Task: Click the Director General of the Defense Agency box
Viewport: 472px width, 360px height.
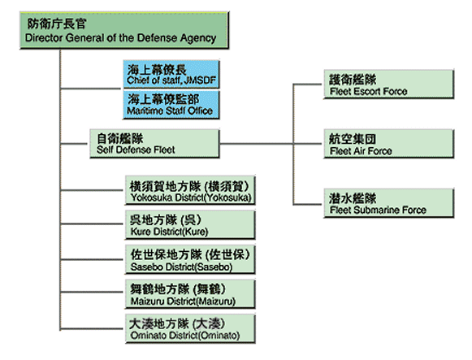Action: pyautogui.click(x=124, y=30)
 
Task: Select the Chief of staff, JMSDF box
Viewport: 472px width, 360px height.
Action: pyautogui.click(x=171, y=74)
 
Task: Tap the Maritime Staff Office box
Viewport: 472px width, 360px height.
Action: pyautogui.click(x=171, y=105)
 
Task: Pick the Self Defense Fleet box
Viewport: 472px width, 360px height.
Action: pyautogui.click(x=154, y=144)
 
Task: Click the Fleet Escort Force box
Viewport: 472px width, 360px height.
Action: pyautogui.click(x=388, y=84)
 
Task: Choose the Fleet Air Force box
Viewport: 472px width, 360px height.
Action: pyautogui.click(x=388, y=144)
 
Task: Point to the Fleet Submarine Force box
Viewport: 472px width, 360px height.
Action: pyautogui.click(x=388, y=203)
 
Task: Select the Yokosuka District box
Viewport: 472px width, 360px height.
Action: pyautogui.click(x=190, y=190)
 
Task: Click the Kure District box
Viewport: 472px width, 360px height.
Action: pyautogui.click(x=190, y=224)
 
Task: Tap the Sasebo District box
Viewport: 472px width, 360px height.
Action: pyautogui.click(x=190, y=259)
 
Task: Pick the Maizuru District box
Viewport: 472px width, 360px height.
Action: pyautogui.click(x=190, y=294)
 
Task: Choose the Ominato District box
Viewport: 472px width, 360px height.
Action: pyautogui.click(x=190, y=328)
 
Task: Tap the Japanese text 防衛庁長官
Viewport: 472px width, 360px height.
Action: pyautogui.click(x=57, y=24)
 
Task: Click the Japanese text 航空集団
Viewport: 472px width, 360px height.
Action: pyautogui.click(x=353, y=139)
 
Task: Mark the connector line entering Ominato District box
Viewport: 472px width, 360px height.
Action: pyautogui.click(x=92, y=328)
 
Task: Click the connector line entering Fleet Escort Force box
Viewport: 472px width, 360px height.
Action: pyautogui.click(x=307, y=85)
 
